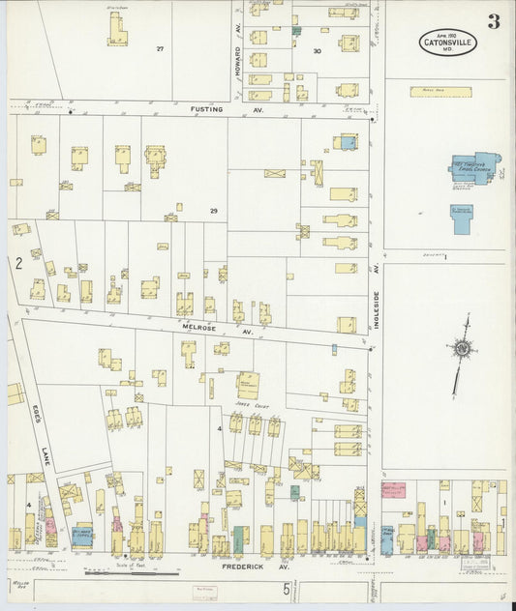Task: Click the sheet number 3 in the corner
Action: pos(494,21)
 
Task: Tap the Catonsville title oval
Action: pos(446,43)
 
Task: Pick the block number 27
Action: pos(161,47)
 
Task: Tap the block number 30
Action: pos(317,50)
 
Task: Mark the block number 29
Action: pos(213,210)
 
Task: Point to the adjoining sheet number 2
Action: pos(17,263)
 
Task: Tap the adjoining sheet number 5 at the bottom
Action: pos(286,588)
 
